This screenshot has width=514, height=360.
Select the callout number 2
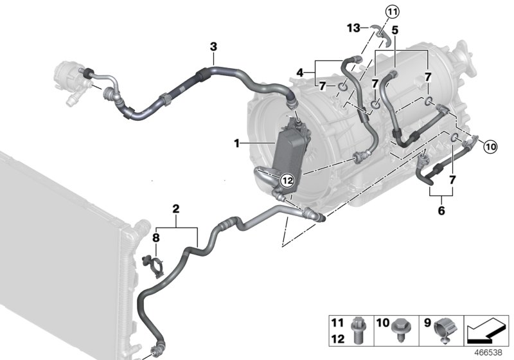click(175, 208)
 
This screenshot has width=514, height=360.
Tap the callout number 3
click(213, 46)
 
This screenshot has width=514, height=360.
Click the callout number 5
click(395, 30)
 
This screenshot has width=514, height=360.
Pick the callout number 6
click(441, 210)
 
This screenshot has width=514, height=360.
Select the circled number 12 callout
click(287, 181)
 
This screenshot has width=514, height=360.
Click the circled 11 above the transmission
click(392, 11)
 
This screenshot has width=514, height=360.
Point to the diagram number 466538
click(489, 353)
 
